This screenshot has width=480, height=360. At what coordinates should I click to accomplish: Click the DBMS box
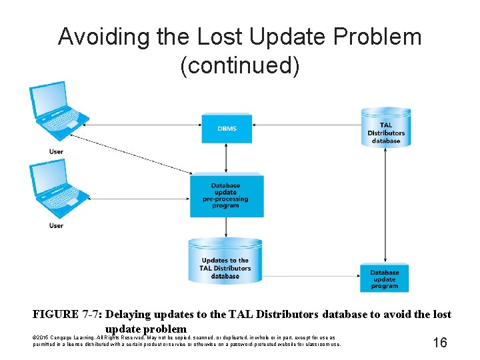pos(227,128)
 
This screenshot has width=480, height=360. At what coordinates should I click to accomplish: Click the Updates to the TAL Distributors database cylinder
pos(225,264)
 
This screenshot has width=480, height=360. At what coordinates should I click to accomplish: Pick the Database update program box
pos(385,279)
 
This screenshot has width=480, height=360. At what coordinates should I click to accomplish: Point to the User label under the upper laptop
pos(56,152)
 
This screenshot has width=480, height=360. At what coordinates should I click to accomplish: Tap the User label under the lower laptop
pos(56,226)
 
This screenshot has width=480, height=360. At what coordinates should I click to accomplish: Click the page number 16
pos(440,343)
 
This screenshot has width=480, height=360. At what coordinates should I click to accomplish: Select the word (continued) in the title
pos(239,67)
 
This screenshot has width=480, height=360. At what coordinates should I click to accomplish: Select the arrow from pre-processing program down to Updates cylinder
pos(226,227)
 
